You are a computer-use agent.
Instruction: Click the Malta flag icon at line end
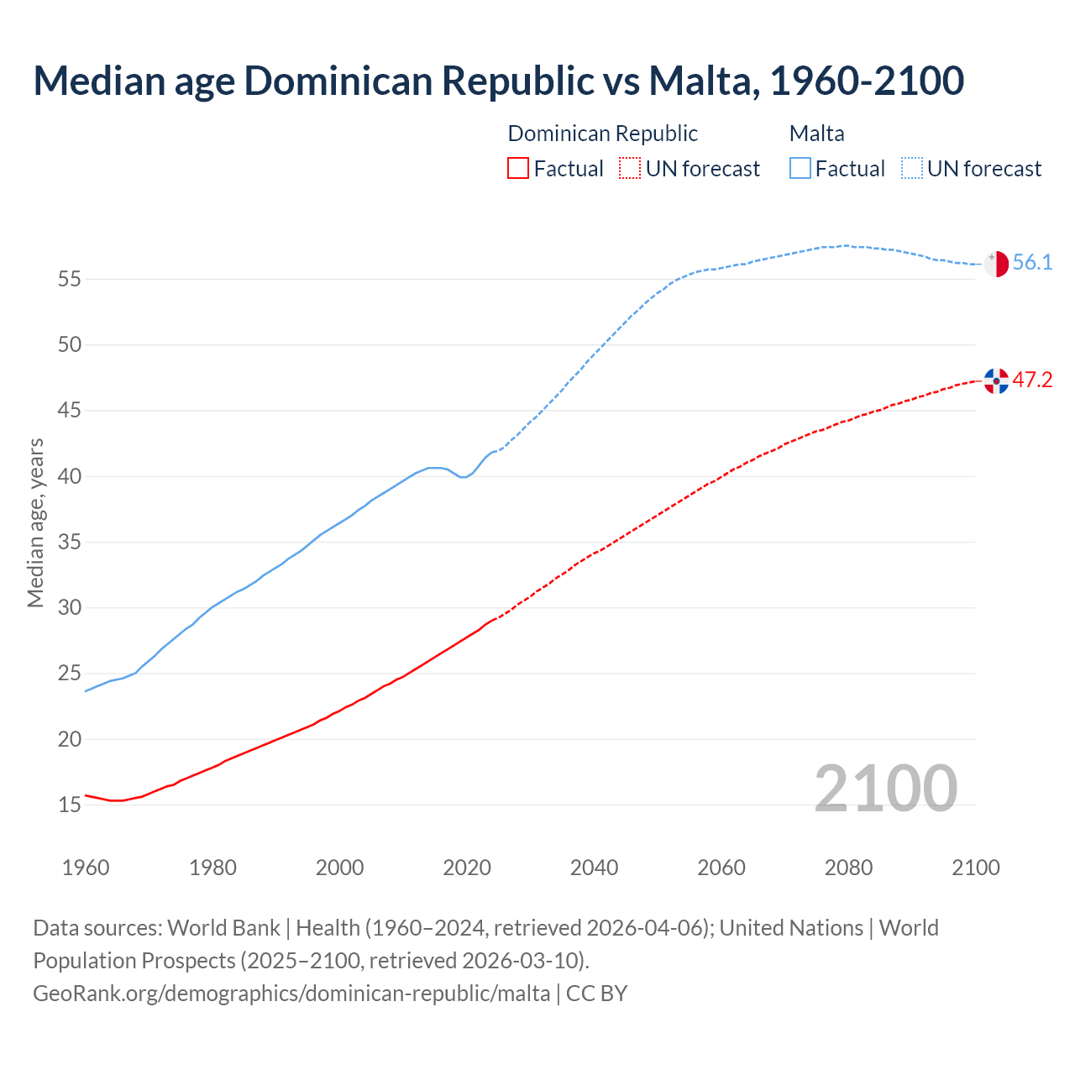coord(996,264)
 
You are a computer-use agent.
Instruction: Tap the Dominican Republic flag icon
coord(996,380)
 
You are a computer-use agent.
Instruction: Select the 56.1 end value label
coord(1032,263)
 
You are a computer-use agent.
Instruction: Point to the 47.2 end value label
coord(1032,380)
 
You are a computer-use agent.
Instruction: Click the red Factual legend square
coord(518,169)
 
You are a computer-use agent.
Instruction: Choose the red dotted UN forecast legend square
coord(630,169)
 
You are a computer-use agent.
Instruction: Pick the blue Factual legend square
coord(800,169)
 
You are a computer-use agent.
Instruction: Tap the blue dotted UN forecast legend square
coord(912,169)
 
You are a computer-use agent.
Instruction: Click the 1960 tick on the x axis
coord(86,868)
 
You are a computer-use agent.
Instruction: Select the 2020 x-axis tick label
coord(467,868)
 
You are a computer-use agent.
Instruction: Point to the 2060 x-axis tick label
coord(721,868)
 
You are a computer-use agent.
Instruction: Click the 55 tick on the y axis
coord(70,279)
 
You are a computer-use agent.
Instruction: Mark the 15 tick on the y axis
coord(70,805)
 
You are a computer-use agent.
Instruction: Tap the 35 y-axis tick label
coord(70,543)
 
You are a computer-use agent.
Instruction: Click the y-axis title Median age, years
coord(35,522)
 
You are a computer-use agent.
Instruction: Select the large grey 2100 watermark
coord(886,789)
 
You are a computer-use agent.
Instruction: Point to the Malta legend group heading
coord(816,134)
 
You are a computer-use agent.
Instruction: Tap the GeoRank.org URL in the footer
coord(291,994)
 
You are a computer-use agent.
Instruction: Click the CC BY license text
coord(597,994)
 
